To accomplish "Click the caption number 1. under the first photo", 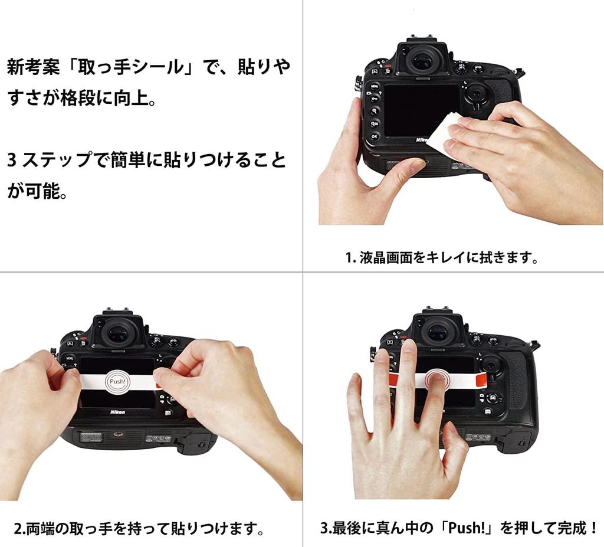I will (x=350, y=258).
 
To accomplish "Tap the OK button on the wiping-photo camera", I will (x=374, y=136).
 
